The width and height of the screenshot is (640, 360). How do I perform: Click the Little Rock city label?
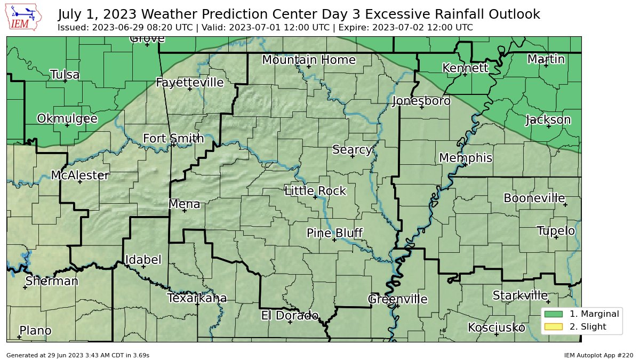315,191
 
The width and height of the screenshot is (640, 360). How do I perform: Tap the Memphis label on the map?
465,158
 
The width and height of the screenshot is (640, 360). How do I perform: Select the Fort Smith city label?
173,139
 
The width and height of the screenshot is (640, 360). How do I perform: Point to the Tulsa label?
65,75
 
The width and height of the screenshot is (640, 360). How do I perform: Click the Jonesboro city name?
421,101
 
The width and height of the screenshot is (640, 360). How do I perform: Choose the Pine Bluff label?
334,233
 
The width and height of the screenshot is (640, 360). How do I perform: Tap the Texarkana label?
197,298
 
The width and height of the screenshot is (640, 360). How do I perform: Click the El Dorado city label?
290,315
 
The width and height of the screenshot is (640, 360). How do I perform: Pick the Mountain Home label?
309,60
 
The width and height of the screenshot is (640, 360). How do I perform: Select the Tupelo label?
556,231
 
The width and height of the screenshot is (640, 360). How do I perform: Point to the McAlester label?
80,175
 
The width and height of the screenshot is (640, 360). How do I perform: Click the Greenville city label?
397,299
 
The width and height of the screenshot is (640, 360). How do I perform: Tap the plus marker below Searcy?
352,156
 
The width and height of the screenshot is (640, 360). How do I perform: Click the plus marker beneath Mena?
185,211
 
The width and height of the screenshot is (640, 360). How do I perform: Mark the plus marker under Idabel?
143,267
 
